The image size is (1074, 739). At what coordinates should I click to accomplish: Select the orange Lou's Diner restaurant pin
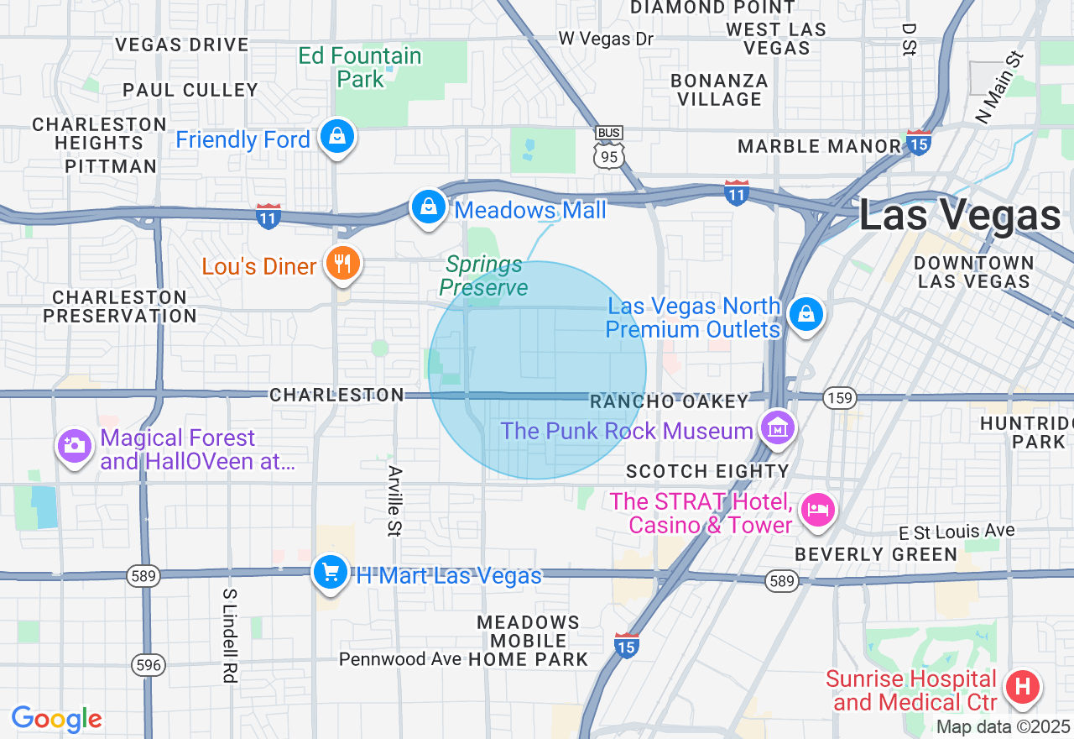tap(341, 265)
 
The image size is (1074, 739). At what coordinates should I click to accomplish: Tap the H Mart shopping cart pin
tap(331, 574)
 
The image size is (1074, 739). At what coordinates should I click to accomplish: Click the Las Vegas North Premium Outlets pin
tap(805, 315)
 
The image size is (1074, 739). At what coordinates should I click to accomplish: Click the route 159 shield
tap(839, 397)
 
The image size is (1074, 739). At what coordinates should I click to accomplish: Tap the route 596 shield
tap(148, 665)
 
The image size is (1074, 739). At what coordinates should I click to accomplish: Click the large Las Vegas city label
tap(959, 216)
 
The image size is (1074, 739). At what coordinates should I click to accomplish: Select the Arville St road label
tap(394, 501)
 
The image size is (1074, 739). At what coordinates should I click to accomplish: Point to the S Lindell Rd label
tap(229, 635)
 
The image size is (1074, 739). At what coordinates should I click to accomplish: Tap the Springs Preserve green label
tap(485, 276)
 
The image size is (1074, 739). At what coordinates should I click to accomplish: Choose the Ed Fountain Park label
tap(360, 67)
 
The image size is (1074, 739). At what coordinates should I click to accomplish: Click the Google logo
tap(57, 719)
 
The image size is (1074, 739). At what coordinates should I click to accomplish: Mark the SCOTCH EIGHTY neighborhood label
tap(707, 471)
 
